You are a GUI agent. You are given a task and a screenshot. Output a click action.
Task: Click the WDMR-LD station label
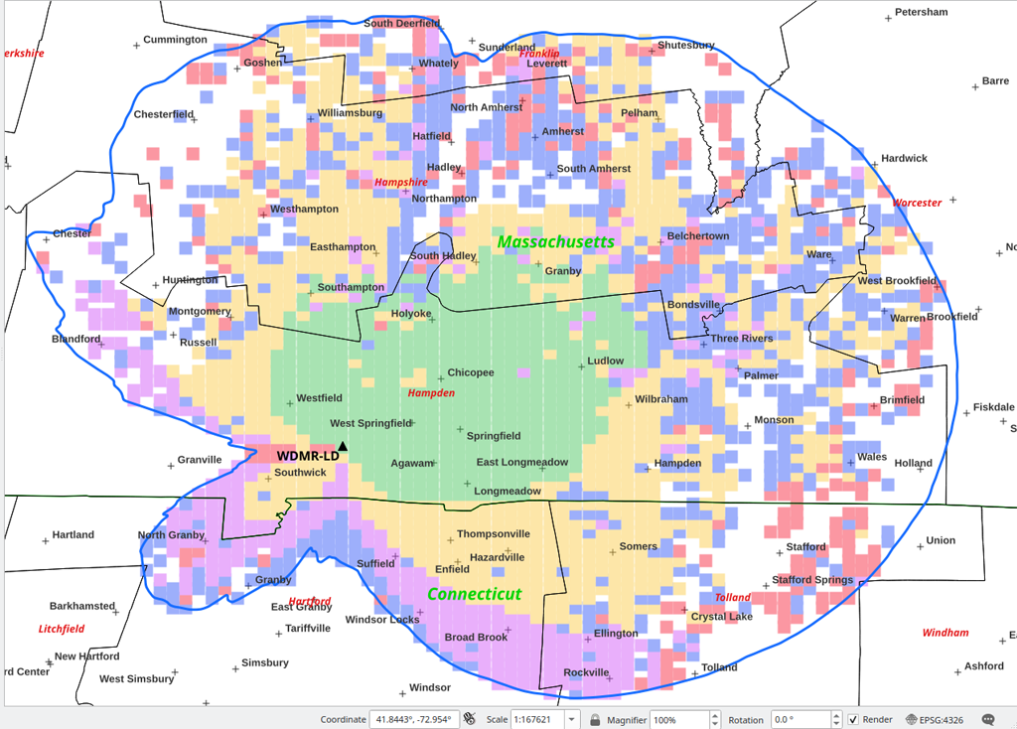(307, 456)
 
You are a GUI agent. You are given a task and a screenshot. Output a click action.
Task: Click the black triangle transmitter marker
(343, 447)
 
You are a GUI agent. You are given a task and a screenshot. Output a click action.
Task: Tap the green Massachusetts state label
(555, 241)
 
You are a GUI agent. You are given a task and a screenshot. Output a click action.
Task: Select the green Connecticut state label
(474, 594)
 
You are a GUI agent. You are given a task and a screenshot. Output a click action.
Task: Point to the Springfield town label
(494, 436)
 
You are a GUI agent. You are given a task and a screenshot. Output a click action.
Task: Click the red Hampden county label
(431, 393)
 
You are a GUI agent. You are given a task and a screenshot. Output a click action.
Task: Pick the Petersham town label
(921, 12)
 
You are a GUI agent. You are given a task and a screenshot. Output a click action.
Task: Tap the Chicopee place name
(470, 373)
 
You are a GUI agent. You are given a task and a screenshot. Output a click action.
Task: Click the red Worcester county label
(916, 203)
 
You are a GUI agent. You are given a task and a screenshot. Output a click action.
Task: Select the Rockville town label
(586, 672)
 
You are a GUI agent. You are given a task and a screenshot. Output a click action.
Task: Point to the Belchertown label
(697, 236)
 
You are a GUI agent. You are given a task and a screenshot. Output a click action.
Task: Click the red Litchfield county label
(62, 629)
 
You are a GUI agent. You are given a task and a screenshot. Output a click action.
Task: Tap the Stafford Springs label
(811, 580)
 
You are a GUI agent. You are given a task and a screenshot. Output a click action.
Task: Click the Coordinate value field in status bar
(412, 719)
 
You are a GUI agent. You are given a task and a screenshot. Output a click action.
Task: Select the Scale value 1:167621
(534, 719)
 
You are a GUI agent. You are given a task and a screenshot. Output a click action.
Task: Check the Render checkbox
(852, 719)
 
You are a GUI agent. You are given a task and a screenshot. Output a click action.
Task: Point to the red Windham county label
(944, 633)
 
